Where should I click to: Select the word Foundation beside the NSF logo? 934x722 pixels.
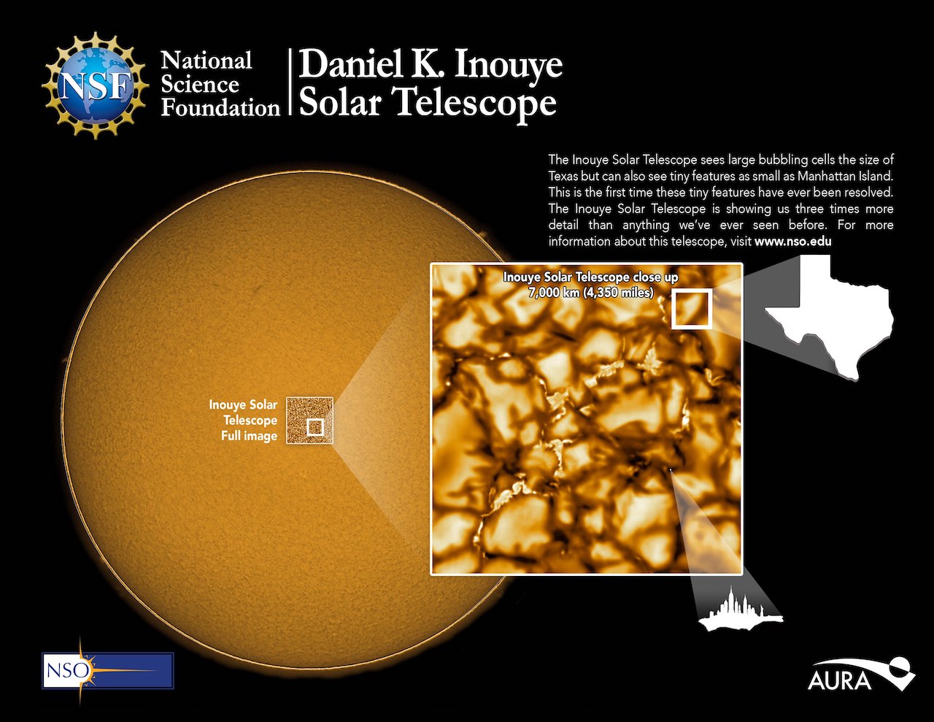tap(220, 108)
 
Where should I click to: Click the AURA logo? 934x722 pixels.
tap(860, 675)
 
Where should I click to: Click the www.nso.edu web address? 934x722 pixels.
tap(793, 241)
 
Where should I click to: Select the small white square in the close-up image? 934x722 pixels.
tap(691, 309)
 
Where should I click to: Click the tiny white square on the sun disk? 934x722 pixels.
tap(314, 427)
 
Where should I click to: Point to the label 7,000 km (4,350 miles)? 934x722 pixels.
tap(590, 293)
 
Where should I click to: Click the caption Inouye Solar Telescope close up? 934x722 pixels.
tap(590, 277)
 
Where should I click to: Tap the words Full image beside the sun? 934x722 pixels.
tap(249, 436)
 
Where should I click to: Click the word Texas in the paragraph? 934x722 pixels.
tap(564, 176)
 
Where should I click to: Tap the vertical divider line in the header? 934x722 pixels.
tap(290, 82)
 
